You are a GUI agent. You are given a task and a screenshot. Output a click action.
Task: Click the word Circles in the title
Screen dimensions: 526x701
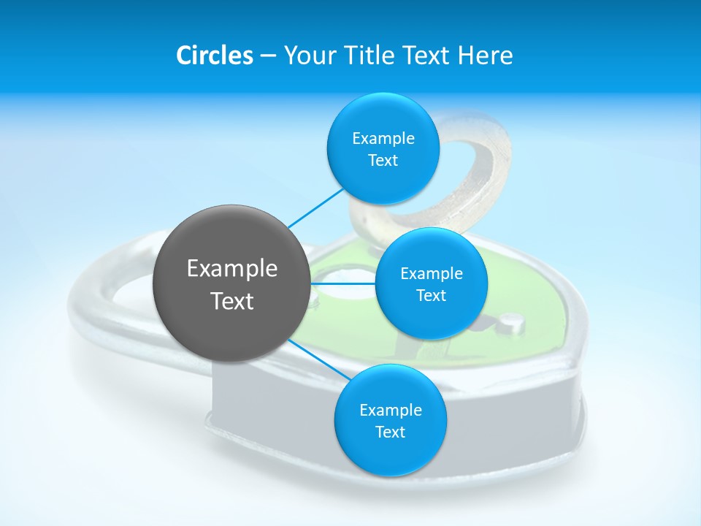pyautogui.click(x=214, y=56)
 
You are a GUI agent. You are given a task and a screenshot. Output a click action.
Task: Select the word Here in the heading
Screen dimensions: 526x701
pyautogui.click(x=486, y=56)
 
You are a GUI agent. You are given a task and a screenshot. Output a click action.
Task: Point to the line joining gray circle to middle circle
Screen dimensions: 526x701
pyautogui.click(x=343, y=283)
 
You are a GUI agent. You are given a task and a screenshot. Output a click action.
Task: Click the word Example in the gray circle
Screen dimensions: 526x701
pyautogui.click(x=232, y=269)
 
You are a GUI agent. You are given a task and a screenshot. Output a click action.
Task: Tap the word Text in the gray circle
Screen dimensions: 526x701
pyautogui.click(x=232, y=301)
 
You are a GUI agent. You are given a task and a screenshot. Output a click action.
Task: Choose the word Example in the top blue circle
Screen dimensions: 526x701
pyautogui.click(x=383, y=139)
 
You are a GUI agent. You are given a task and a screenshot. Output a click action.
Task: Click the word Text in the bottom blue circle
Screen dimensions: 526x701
pyautogui.click(x=390, y=432)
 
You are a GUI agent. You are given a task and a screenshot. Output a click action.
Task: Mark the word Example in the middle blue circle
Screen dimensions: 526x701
pyautogui.click(x=431, y=274)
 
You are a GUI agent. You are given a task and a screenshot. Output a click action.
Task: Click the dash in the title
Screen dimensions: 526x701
pyautogui.click(x=268, y=56)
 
